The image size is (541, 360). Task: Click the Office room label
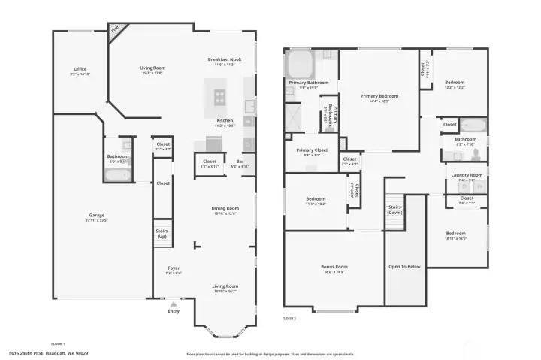pyautogui.click(x=80, y=69)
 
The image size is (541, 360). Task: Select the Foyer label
pyautogui.click(x=173, y=268)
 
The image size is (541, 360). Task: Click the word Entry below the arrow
pyautogui.click(x=174, y=310)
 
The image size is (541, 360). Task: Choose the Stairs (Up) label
pyautogui.click(x=162, y=233)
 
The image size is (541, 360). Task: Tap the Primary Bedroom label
pyautogui.click(x=379, y=96)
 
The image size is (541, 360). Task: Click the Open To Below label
pyautogui.click(x=404, y=267)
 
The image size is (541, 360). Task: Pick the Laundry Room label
pyautogui.click(x=467, y=175)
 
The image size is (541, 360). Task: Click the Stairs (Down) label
pyautogui.click(x=395, y=209)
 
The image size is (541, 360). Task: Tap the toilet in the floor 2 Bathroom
pyautogui.click(x=475, y=154)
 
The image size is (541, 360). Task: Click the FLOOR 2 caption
pyautogui.click(x=289, y=319)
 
